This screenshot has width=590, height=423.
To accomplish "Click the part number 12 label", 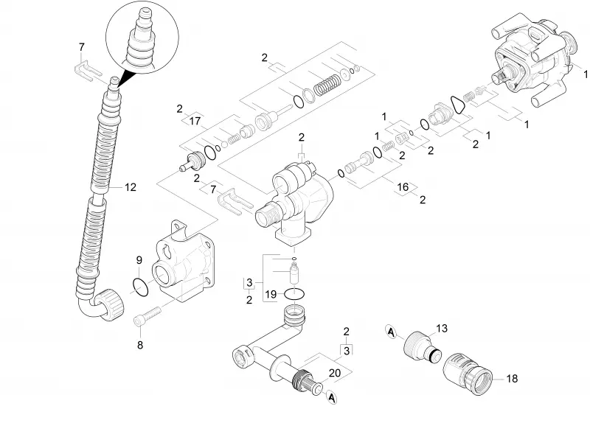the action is click(131, 187).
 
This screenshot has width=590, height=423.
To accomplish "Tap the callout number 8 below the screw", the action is click(140, 345).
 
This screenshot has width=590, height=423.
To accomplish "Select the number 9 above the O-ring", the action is click(139, 260).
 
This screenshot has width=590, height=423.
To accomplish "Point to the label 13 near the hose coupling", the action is click(442, 328).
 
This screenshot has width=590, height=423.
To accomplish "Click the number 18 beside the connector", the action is click(512, 378).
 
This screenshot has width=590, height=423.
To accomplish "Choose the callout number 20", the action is click(335, 373).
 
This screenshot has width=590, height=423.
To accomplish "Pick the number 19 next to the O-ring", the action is click(271, 294).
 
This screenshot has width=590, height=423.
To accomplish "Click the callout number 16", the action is click(403, 187).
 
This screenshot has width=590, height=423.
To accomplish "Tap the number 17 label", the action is click(195, 121).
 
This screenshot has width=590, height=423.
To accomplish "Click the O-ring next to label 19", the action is click(294, 294).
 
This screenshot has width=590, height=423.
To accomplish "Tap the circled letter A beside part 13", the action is click(392, 332).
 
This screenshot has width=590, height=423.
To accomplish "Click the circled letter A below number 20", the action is click(331, 397).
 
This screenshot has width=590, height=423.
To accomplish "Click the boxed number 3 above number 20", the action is click(346, 351).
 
